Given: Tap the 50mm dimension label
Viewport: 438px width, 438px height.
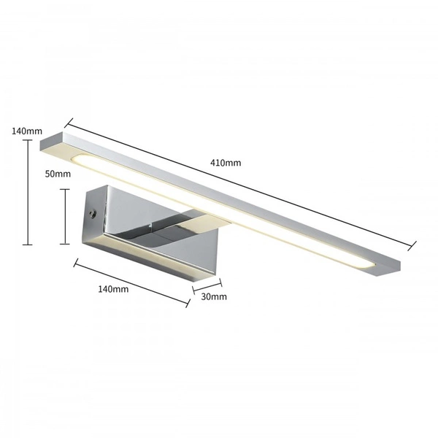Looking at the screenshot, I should [x=58, y=174].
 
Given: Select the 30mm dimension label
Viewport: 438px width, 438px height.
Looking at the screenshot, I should [x=213, y=296].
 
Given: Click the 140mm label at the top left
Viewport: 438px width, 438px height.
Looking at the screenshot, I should [x=27, y=131].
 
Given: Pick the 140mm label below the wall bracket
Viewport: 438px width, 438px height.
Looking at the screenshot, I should [x=112, y=289].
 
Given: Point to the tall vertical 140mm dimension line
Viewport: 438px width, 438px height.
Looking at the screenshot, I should [x=28, y=193].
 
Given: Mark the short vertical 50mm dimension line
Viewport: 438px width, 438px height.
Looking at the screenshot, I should [x=66, y=217].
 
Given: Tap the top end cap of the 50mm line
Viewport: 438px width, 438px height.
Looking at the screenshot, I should [x=66, y=189].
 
